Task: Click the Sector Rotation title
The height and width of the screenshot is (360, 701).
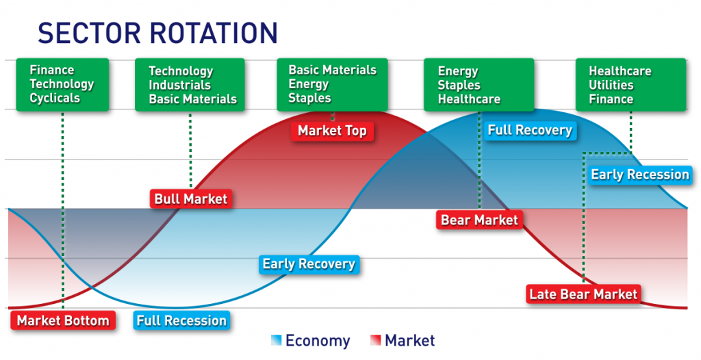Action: [157, 32]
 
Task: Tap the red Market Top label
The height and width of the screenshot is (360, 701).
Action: [332, 131]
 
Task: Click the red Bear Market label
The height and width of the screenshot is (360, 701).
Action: [479, 220]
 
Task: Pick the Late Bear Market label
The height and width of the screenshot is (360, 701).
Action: [583, 294]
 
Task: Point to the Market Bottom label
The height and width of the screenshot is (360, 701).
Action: [62, 320]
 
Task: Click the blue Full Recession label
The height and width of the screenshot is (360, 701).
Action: [181, 320]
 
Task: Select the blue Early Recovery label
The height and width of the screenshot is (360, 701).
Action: [309, 263]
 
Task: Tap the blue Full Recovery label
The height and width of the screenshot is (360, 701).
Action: [529, 130]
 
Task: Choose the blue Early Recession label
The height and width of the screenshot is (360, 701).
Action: [639, 175]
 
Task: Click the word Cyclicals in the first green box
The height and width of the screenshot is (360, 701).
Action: [55, 98]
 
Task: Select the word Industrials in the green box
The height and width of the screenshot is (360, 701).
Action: [181, 85]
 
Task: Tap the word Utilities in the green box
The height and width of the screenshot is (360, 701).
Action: [611, 85]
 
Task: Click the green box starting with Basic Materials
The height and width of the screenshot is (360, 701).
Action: [332, 83]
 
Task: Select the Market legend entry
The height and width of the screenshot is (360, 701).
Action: [409, 340]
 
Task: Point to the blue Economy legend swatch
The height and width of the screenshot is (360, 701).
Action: [276, 340]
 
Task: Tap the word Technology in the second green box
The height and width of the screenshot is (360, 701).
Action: [181, 71]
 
